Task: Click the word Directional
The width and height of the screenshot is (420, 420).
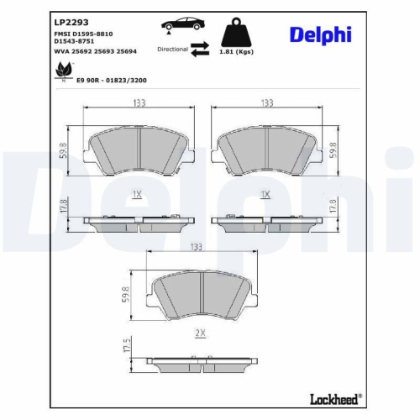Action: coord(171,50)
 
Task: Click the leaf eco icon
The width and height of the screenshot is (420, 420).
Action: coord(62,73)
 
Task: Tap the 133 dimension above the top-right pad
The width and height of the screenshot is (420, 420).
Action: coord(266,103)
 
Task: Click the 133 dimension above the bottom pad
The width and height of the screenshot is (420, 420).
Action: coord(196,247)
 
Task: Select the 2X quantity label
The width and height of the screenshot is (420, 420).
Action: coord(200,333)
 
